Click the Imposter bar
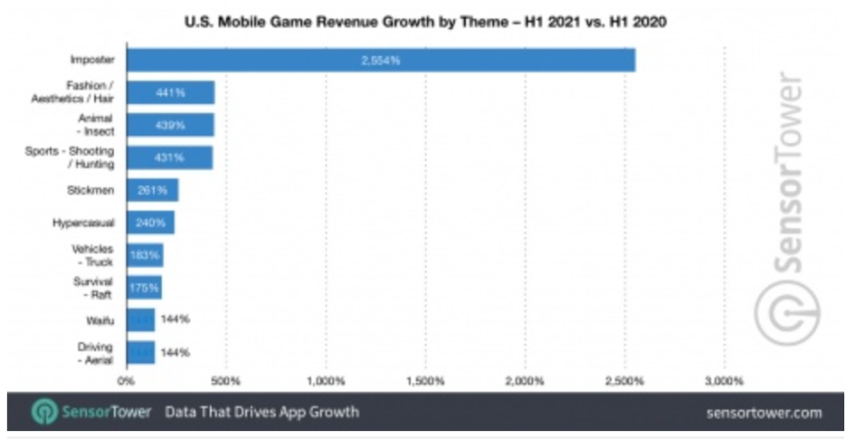(x=380, y=60)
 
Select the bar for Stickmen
(x=152, y=190)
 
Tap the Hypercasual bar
(x=150, y=223)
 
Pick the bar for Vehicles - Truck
(x=145, y=255)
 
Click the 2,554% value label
(x=379, y=60)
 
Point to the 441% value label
(x=171, y=92)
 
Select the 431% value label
(x=170, y=157)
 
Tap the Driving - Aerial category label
(x=93, y=351)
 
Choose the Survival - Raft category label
(x=92, y=287)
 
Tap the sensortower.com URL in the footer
(x=765, y=413)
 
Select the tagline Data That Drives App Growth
(x=262, y=412)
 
